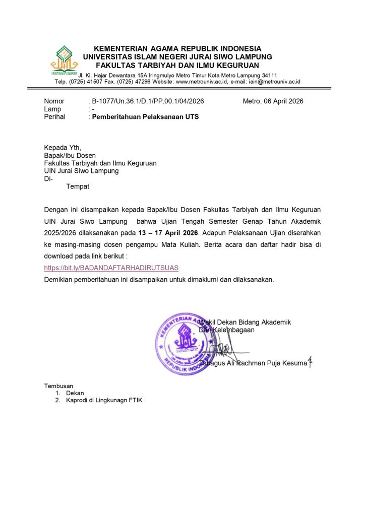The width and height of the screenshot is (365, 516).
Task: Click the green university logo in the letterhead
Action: (64, 60)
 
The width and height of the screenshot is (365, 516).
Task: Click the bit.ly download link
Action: (111, 268)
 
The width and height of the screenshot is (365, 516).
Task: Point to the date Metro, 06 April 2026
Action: (273, 101)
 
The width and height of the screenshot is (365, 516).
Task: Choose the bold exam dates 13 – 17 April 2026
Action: (168, 233)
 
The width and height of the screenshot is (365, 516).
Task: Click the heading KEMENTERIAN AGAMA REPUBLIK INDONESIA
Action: (177, 48)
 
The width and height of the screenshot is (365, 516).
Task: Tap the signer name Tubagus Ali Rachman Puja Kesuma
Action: (253, 363)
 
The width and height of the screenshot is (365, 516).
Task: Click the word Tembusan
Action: (58, 386)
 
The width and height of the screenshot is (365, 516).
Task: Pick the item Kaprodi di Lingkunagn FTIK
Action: (104, 401)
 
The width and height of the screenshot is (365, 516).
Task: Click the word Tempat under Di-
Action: (78, 186)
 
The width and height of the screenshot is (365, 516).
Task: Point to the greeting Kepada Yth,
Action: (63, 148)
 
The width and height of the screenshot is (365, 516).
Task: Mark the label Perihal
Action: (54, 117)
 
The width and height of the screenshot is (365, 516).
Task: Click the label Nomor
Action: (54, 101)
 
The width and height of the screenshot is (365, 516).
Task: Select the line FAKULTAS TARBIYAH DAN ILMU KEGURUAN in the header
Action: (177, 65)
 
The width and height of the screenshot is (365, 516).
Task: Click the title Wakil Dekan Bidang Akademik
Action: (245, 322)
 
